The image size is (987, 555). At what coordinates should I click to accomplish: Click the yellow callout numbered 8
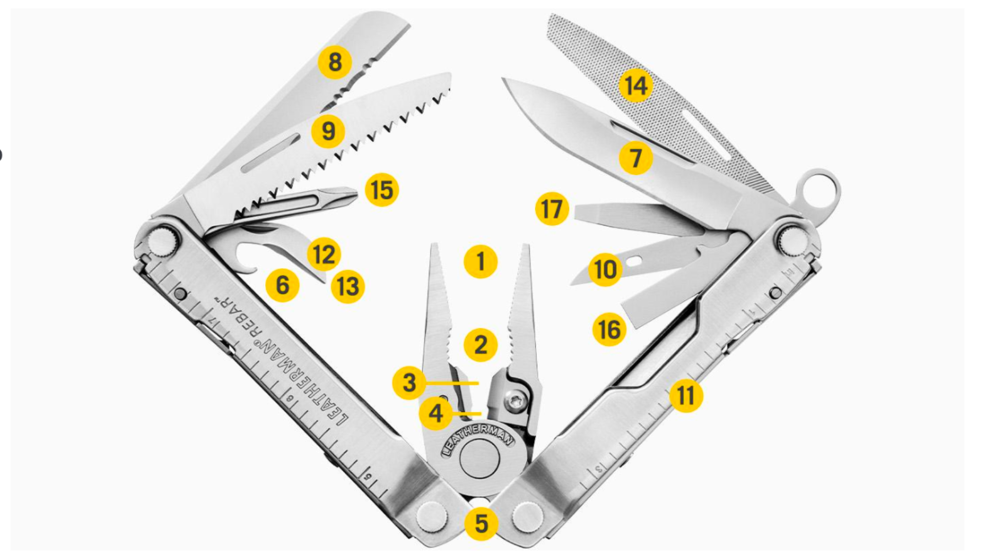[335, 62]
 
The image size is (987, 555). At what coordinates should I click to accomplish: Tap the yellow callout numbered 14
[636, 85]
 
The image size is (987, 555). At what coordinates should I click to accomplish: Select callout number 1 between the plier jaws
[480, 262]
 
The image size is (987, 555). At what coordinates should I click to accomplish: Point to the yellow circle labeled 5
[481, 524]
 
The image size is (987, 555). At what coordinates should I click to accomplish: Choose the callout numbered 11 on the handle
[686, 396]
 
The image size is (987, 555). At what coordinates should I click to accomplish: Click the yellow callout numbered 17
[552, 209]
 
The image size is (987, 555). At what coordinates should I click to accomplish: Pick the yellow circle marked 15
[382, 190]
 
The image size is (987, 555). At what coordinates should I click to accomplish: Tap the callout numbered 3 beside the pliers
[409, 383]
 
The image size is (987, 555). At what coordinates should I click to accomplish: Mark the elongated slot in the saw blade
[271, 152]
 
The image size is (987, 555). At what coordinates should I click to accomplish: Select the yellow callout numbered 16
[609, 329]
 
